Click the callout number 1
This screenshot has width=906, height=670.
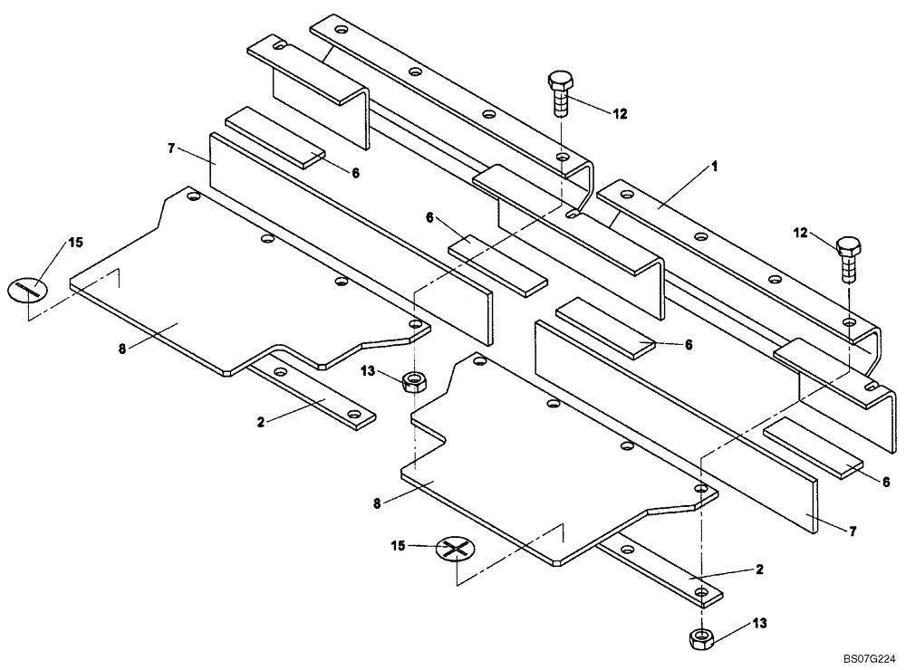tap(715, 167)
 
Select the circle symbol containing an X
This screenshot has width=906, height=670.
tap(455, 549)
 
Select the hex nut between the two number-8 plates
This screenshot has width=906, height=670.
tap(413, 380)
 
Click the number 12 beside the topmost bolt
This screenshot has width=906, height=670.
tap(620, 114)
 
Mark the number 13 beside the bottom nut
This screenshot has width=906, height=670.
tap(759, 622)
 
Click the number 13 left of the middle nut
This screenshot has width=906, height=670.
tap(367, 369)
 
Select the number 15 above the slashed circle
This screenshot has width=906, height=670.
tap(76, 243)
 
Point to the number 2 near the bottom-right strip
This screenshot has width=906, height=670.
tap(759, 569)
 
